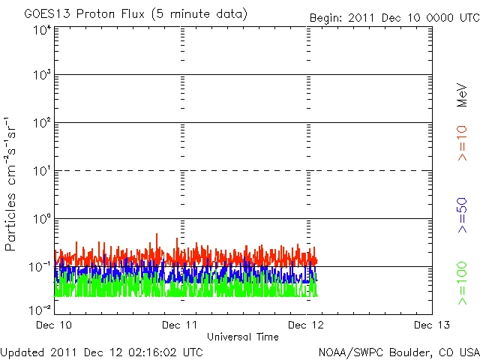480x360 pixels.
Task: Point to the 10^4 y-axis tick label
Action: point(41,29)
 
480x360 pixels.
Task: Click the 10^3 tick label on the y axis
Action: point(41,76)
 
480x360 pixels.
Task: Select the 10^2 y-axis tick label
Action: point(41,124)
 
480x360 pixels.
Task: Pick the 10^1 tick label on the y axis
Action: point(41,172)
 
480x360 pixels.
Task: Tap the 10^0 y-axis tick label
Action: point(41,220)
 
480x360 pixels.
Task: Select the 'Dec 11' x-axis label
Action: point(181,325)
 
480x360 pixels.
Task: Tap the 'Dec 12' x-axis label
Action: point(306,325)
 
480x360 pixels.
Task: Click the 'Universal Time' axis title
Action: point(243,337)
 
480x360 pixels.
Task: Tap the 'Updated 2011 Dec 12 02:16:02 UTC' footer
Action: point(102,351)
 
